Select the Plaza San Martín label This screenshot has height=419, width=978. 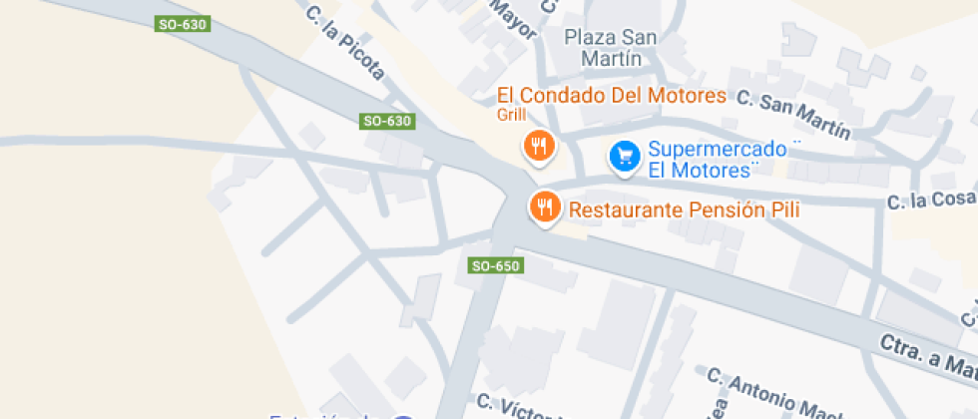(x=611, y=48)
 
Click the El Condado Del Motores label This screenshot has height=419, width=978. (x=612, y=96)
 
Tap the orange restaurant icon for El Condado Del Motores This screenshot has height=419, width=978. (x=539, y=147)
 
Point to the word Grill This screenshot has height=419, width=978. (x=511, y=116)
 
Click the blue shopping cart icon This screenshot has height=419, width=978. (x=625, y=156)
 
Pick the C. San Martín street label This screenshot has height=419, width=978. (x=794, y=114)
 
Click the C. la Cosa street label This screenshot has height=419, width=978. (x=931, y=201)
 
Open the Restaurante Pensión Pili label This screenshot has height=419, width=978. (x=684, y=210)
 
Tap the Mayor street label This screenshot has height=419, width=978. (x=515, y=17)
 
